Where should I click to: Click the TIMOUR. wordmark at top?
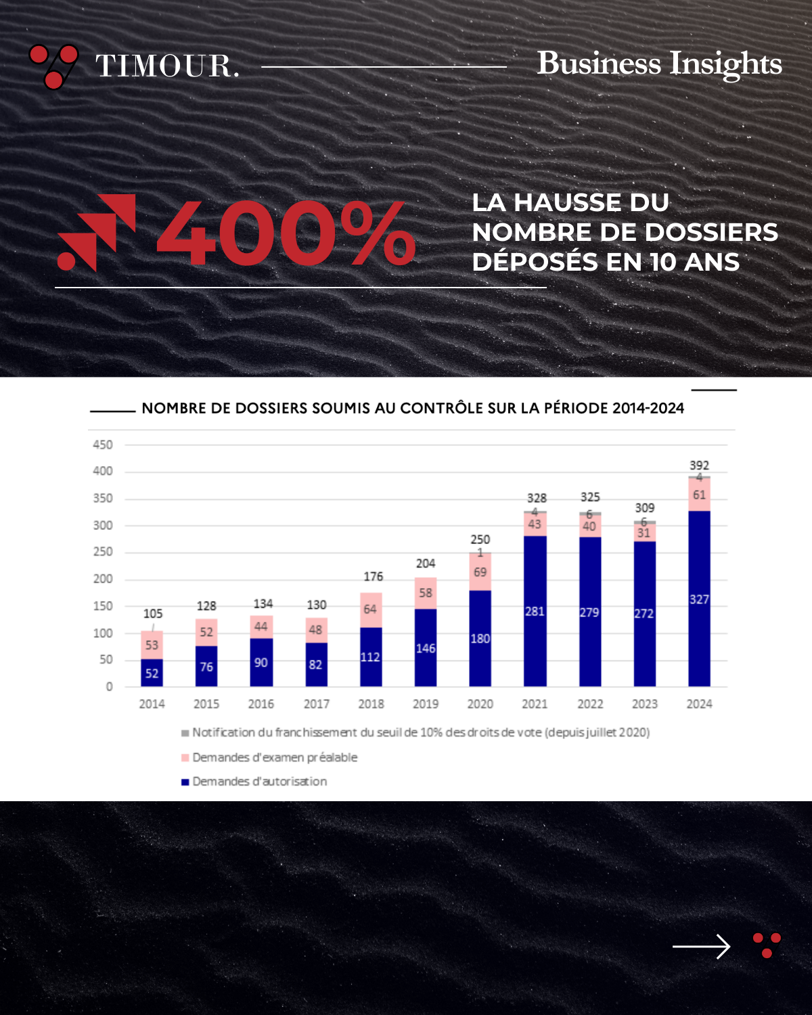click(x=167, y=66)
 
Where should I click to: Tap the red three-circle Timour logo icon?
click(x=53, y=66)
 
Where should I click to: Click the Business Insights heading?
click(x=659, y=64)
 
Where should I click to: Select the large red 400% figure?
click(x=286, y=233)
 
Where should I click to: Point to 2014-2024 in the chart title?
click(x=648, y=408)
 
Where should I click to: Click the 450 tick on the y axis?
click(x=103, y=445)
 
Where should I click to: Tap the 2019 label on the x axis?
click(x=426, y=704)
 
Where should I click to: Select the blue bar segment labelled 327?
click(x=699, y=598)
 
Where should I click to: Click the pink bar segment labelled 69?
click(x=480, y=572)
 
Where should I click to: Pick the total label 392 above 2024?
click(x=699, y=465)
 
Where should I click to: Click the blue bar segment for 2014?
click(x=152, y=673)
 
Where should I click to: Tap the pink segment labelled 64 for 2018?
click(x=370, y=610)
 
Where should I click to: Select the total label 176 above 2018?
click(x=373, y=577)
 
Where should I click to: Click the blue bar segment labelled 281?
click(x=535, y=611)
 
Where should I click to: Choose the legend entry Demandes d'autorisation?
click(x=259, y=782)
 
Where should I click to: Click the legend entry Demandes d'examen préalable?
click(x=275, y=757)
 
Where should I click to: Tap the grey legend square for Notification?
click(x=185, y=733)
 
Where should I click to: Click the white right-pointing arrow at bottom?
click(x=701, y=946)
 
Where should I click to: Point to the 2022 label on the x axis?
click(x=590, y=704)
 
